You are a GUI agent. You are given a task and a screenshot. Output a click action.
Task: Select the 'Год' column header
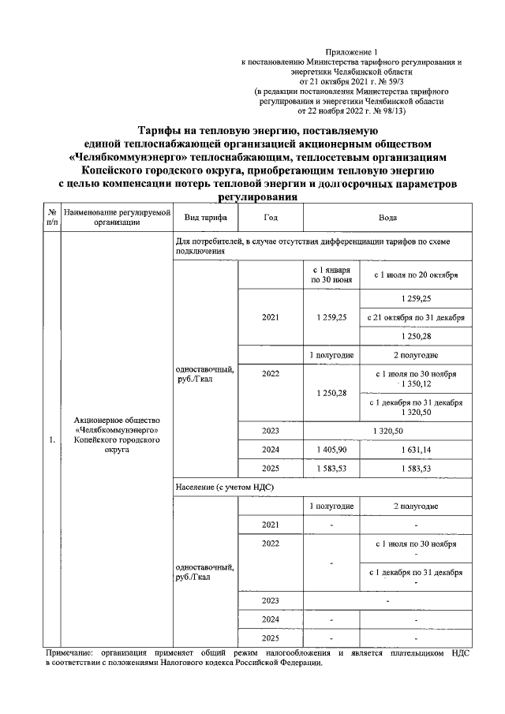tap(270, 217)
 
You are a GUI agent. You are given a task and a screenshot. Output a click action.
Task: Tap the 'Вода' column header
tap(387, 217)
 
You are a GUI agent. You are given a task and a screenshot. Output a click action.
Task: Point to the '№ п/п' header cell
tap(51, 217)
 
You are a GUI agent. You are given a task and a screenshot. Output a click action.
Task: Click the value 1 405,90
tap(331, 449)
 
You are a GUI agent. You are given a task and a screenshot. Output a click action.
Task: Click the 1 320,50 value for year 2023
tap(387, 431)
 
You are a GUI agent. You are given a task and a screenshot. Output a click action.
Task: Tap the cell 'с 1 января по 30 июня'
tap(331, 275)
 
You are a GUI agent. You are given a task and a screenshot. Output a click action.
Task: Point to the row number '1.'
tap(51, 440)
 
